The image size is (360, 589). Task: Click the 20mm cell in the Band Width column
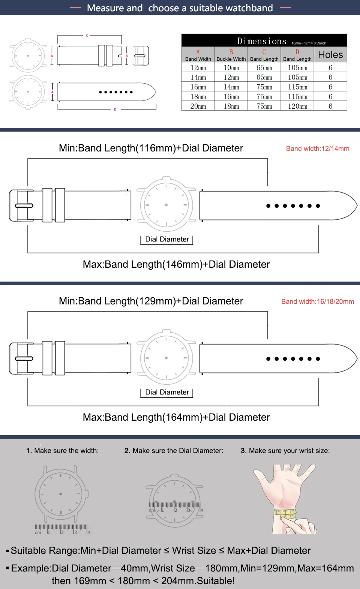point(198,106)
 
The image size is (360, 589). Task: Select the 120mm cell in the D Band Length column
point(297,106)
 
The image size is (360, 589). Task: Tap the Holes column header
point(330,55)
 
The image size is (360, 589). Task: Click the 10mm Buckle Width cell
point(231,68)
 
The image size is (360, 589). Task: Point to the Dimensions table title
point(262,41)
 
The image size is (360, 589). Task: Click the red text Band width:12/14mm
point(318,148)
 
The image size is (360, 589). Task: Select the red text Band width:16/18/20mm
point(318,301)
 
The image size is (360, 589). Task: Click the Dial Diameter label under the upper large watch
point(167,239)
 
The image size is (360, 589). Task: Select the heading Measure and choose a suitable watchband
point(180,8)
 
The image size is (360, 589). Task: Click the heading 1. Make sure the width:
point(62,451)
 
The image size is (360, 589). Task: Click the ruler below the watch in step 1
point(62,529)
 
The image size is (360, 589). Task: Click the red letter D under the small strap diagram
point(115,109)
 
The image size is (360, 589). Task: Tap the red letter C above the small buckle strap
point(87,36)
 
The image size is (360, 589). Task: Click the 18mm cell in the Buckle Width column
point(231,106)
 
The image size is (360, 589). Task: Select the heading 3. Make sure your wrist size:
point(285,451)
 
